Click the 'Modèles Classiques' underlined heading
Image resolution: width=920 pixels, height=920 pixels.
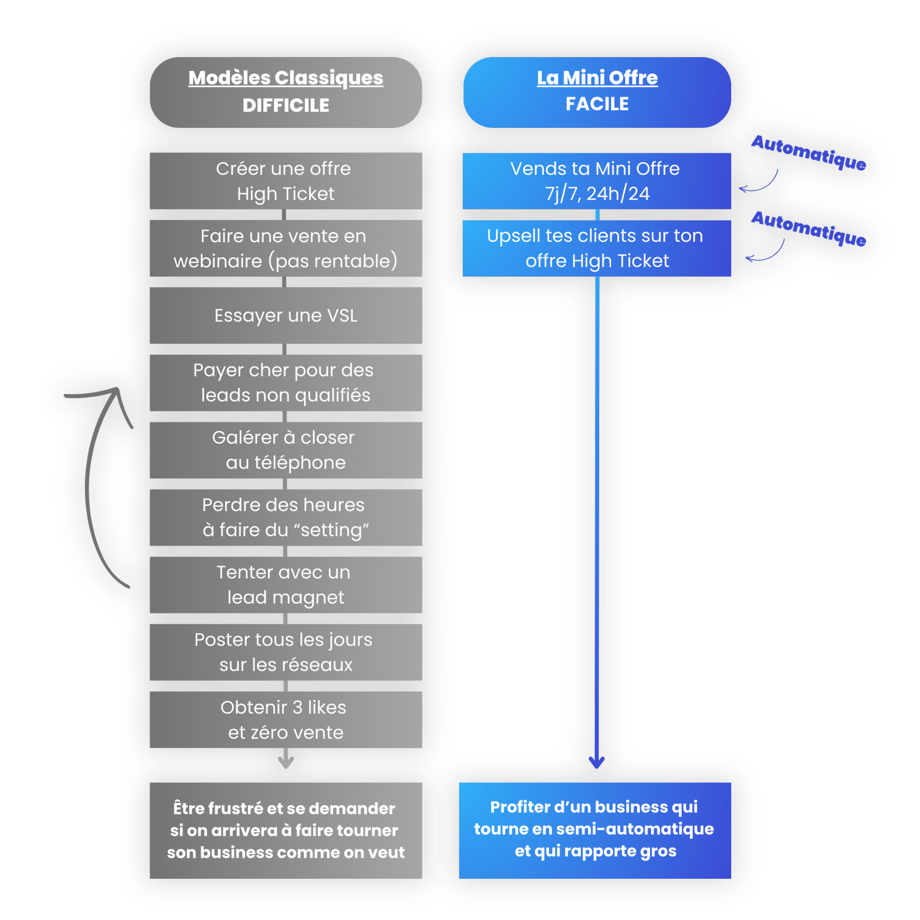pos(286,78)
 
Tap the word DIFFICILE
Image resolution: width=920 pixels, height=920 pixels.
pos(286,105)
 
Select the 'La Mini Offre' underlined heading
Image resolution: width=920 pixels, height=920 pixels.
pos(597,78)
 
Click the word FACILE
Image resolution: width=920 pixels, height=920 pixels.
pos(597,104)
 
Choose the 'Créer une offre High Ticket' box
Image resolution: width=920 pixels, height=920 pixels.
pos(286,181)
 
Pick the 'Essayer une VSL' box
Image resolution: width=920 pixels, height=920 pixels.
pos(286,315)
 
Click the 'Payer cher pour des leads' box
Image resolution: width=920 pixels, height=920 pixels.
pos(286,382)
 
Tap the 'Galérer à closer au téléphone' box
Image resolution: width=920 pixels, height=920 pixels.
pos(286,450)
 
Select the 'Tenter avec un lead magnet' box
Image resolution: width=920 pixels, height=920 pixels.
pos(286,585)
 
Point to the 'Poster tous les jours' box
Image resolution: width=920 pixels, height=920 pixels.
pos(286,652)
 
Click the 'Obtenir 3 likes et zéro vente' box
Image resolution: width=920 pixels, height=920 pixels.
pos(286,719)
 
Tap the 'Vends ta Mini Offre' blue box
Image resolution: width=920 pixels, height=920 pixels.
pos(597,181)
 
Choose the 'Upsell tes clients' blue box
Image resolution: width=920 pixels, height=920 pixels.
pos(597,248)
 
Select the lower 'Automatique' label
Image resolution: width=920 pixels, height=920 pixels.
pos(809,229)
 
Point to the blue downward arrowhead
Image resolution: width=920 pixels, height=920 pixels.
pos(597,762)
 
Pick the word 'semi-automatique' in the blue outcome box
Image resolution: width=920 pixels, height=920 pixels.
pos(635,829)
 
